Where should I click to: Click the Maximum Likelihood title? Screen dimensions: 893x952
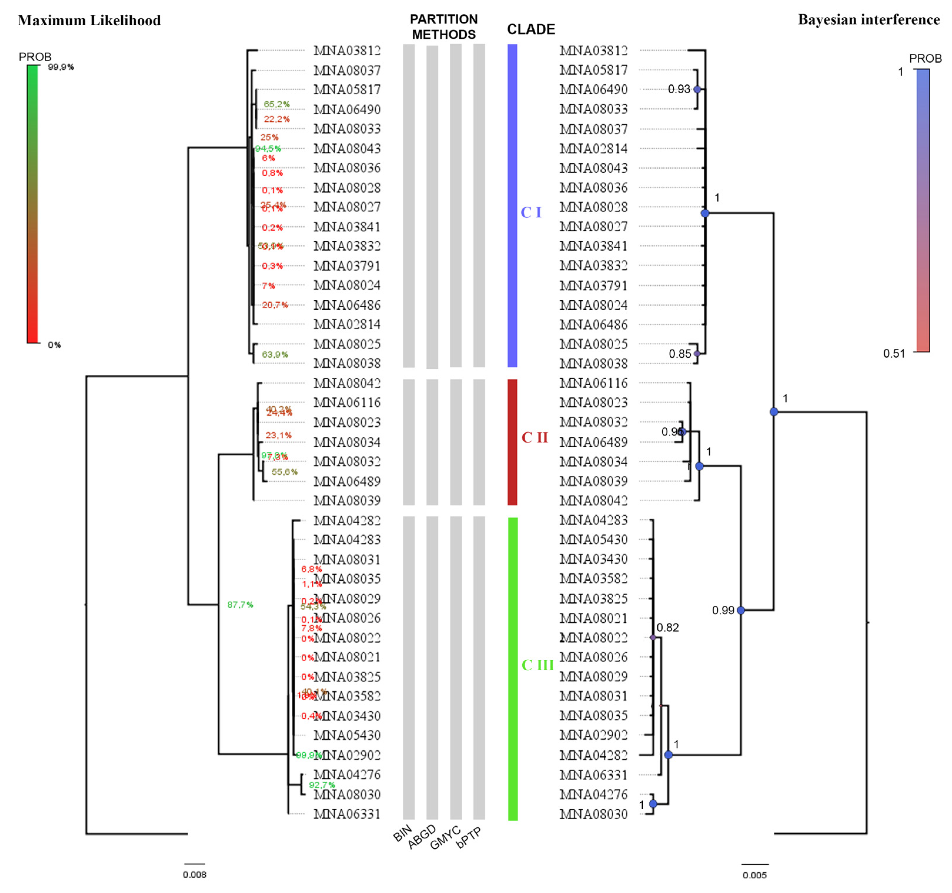[89, 21]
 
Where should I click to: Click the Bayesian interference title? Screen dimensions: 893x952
[869, 20]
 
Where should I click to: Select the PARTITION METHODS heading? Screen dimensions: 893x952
[444, 27]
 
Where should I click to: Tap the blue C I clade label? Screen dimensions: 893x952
[530, 212]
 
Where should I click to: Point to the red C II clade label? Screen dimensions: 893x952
[534, 438]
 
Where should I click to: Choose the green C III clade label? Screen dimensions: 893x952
[537, 665]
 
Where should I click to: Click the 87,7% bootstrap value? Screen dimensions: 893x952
[240, 605]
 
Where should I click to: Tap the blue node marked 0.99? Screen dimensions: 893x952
[741, 610]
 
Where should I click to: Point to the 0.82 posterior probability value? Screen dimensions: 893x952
[668, 628]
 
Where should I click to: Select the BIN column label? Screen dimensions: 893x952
[402, 834]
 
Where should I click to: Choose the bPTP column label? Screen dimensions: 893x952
[468, 837]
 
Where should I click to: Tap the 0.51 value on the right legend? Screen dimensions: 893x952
[894, 353]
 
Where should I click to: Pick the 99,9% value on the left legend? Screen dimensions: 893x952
[61, 67]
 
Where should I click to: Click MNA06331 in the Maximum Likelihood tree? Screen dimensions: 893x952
[347, 814]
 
